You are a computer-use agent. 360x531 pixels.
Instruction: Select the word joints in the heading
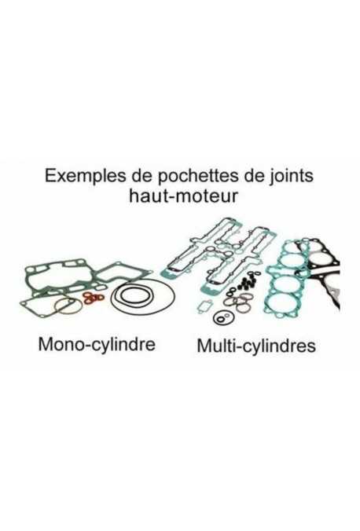click(291, 176)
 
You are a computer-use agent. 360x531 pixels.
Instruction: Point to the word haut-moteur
click(183, 196)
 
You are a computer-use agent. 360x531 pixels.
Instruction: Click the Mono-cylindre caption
click(97, 344)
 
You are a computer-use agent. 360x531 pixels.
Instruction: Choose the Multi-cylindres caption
click(256, 346)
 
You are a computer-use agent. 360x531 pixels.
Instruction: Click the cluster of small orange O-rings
click(94, 298)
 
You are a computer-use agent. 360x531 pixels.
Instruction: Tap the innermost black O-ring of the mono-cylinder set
click(138, 295)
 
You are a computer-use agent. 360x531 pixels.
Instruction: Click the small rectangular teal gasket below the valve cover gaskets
click(205, 306)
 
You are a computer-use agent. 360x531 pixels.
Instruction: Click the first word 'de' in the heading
click(138, 176)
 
